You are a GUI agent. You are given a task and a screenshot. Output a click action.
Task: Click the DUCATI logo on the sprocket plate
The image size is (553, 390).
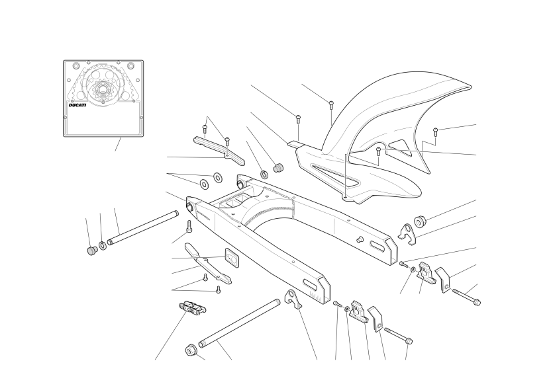pyautogui.click(x=77, y=105)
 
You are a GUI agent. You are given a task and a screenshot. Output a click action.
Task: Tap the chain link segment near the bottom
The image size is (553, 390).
pyautogui.click(x=192, y=307)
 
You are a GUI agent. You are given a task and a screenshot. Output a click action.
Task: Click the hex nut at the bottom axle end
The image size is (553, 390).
pyautogui.click(x=191, y=350)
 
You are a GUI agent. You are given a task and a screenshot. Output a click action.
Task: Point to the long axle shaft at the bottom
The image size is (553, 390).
pyautogui.click(x=240, y=323)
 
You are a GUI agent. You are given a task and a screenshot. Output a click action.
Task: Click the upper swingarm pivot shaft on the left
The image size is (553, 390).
pyautogui.click(x=143, y=227)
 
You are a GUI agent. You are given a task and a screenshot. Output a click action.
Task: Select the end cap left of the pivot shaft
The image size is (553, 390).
pyautogui.click(x=92, y=251)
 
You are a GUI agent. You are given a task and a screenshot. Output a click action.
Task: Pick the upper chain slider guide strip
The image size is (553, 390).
pyautogui.click(x=219, y=151)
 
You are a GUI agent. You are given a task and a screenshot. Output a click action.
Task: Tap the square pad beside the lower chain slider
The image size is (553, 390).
pyautogui.click(x=232, y=256)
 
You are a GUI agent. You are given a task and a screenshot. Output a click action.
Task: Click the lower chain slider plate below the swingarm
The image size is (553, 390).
pyautogui.click(x=208, y=264)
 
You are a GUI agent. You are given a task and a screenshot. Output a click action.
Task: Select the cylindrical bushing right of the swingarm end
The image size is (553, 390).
pyautogui.click(x=420, y=220)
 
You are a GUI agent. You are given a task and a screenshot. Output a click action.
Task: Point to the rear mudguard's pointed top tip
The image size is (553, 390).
pyautogui.click(x=470, y=87)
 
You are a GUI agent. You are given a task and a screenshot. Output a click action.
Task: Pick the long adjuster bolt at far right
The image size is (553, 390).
pyautogui.click(x=466, y=297)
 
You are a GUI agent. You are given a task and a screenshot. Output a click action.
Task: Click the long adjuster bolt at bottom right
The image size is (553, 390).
pyautogui.click(x=398, y=336)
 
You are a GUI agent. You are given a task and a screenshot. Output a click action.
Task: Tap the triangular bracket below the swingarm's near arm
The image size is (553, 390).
pyautogui.click(x=294, y=299)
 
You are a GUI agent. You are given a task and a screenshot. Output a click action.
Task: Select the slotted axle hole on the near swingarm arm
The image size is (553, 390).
pyautogui.click(x=311, y=284)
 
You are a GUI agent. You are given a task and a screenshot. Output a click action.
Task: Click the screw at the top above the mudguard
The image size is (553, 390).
pyautogui.click(x=331, y=104)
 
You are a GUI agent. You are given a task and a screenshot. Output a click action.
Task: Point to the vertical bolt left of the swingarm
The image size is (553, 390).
pyautogui.click(x=189, y=227)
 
